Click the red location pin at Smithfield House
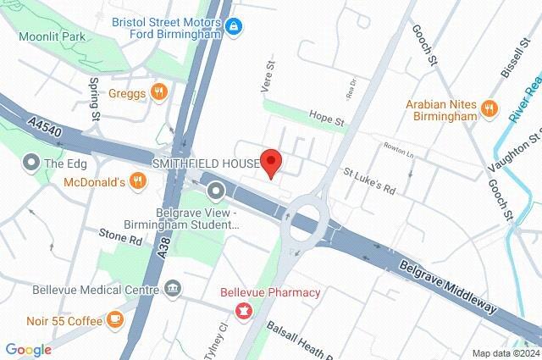tap(270, 161)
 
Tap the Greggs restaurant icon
tap(158, 91)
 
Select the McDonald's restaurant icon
tap(136, 181)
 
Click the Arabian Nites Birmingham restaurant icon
tap(489, 108)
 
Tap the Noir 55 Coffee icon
tap(115, 319)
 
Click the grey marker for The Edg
tap(31, 161)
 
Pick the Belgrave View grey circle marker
tap(217, 191)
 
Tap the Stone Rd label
tap(119, 239)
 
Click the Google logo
tap(28, 350)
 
